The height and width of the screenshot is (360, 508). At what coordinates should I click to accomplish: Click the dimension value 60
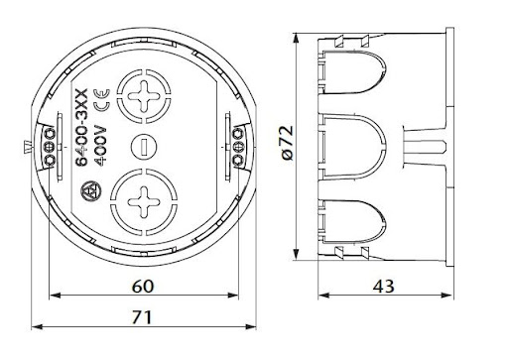pyautogui.click(x=143, y=286)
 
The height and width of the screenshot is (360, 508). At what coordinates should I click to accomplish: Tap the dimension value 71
pyautogui.click(x=143, y=317)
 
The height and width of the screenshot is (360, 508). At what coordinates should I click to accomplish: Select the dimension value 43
pyautogui.click(x=384, y=286)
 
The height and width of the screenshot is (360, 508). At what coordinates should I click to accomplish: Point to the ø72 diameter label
pyautogui.click(x=288, y=142)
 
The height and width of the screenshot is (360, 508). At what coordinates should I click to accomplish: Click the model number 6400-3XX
pyautogui.click(x=81, y=127)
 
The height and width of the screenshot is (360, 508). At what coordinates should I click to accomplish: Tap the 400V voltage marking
pyautogui.click(x=101, y=145)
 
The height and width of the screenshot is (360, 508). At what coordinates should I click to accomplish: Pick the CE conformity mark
pyautogui.click(x=101, y=100)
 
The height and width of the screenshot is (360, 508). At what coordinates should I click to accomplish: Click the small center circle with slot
pyautogui.click(x=144, y=146)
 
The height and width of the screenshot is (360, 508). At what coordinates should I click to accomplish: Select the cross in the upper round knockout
pyautogui.click(x=144, y=96)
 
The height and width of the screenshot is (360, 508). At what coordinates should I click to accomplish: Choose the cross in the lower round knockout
pyautogui.click(x=144, y=202)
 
